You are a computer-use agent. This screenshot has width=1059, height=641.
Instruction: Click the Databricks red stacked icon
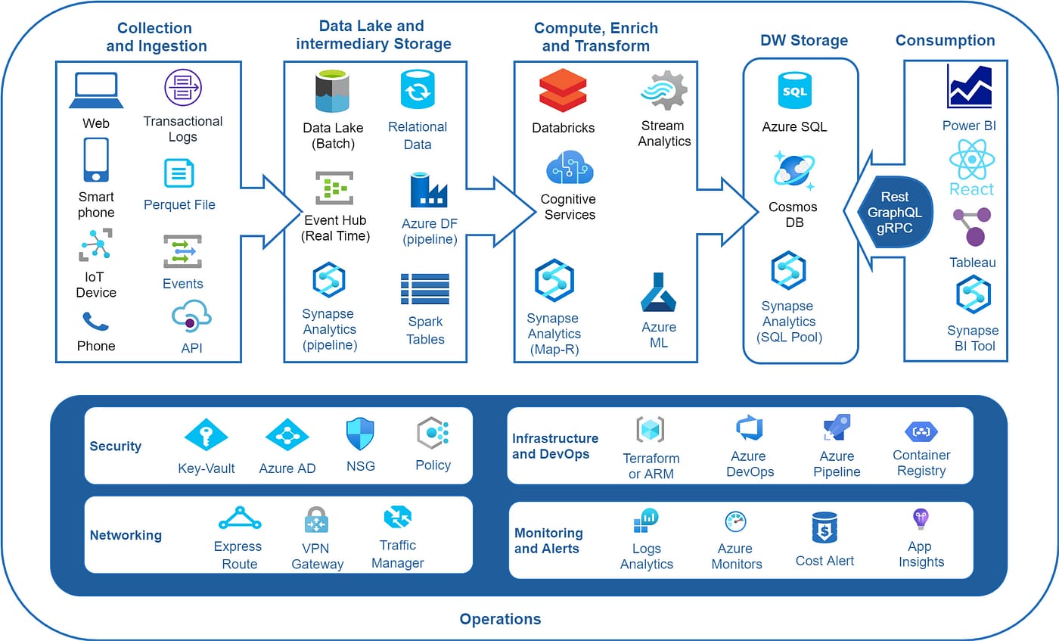pos(563,91)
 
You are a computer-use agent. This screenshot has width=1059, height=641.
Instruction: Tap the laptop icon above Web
pos(96,92)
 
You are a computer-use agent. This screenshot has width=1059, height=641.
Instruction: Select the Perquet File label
pos(179,204)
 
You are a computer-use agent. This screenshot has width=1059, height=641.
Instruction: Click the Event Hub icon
pos(334,188)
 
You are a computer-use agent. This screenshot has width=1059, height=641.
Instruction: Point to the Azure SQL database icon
pos(794,91)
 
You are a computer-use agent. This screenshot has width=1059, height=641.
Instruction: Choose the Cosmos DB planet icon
pos(793,170)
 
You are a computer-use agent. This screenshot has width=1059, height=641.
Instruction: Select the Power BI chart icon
pos(969,87)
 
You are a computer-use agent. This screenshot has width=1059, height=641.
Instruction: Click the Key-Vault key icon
pos(206,435)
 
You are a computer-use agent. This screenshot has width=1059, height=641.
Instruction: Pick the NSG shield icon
pos(360,434)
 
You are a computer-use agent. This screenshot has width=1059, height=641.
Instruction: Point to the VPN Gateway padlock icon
pos(316,521)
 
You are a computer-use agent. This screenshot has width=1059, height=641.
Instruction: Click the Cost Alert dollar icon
pos(825,527)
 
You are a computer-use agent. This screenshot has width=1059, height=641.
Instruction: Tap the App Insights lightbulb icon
pos(920,519)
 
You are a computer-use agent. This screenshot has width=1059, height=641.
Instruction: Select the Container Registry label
pos(921,462)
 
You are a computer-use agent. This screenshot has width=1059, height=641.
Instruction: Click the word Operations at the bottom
pos(500,619)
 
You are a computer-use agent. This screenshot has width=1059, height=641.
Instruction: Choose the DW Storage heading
pos(803,40)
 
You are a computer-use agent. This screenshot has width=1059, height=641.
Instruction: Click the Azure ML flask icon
pos(657,293)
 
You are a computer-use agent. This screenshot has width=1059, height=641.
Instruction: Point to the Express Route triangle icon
pos(239,518)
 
